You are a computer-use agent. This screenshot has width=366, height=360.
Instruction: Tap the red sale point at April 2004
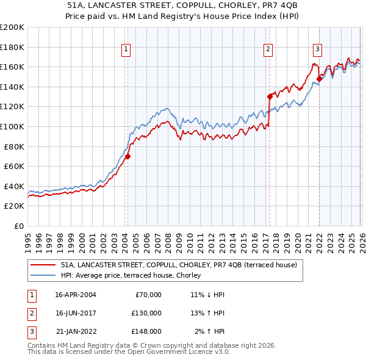127,156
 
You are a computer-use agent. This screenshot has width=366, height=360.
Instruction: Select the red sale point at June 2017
270,96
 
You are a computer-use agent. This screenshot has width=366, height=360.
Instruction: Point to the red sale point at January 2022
319,78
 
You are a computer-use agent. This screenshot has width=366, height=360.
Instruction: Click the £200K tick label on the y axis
12,27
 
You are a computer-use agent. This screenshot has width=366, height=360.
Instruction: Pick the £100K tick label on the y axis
12,126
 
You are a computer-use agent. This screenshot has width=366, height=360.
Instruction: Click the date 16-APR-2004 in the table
75,295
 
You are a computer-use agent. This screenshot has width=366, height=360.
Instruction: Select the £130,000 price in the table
146,313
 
